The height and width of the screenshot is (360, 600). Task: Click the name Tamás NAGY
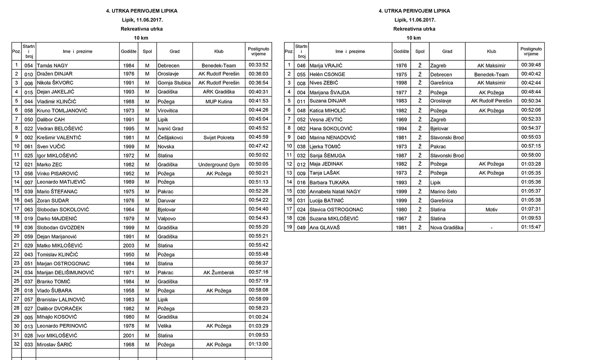pos(52,65)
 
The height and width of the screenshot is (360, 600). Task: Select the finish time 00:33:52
pos(258,65)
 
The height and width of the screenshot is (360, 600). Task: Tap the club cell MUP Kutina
pos(219,101)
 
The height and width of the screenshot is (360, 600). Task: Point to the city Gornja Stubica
pos(174,83)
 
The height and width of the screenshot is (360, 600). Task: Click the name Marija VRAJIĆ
pos(326,65)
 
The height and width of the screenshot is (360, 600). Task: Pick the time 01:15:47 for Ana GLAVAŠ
pos(531,227)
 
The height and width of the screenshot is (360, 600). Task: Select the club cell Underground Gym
pos(219,165)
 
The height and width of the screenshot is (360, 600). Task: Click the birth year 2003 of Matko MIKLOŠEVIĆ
pos(129,246)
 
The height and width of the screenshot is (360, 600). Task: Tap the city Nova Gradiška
pos(446,227)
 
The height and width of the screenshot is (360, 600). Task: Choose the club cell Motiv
pos(491,210)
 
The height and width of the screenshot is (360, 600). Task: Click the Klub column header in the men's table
pos(219,51)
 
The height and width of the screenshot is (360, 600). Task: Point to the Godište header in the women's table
pos(401,51)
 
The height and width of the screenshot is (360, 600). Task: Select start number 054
pos(29,66)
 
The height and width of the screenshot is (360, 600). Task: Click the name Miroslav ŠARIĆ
pos(54,345)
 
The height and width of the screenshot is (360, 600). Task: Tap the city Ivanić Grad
pos(170,129)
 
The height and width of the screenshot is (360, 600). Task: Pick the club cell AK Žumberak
pos(219,272)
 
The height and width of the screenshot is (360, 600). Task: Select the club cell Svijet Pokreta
pos(219,137)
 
